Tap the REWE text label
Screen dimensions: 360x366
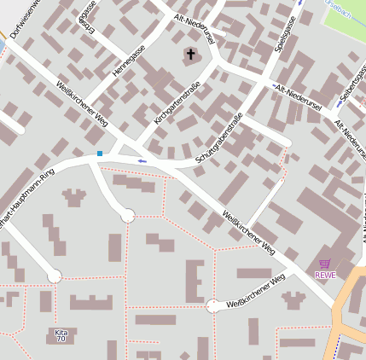325,275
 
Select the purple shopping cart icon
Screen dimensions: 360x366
324,264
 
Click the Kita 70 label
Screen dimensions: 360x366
60,335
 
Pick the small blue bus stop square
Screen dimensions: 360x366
100,154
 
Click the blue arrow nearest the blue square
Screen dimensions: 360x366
142,160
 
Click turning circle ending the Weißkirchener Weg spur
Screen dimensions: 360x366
212,306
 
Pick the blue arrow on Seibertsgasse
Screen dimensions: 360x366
343,101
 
